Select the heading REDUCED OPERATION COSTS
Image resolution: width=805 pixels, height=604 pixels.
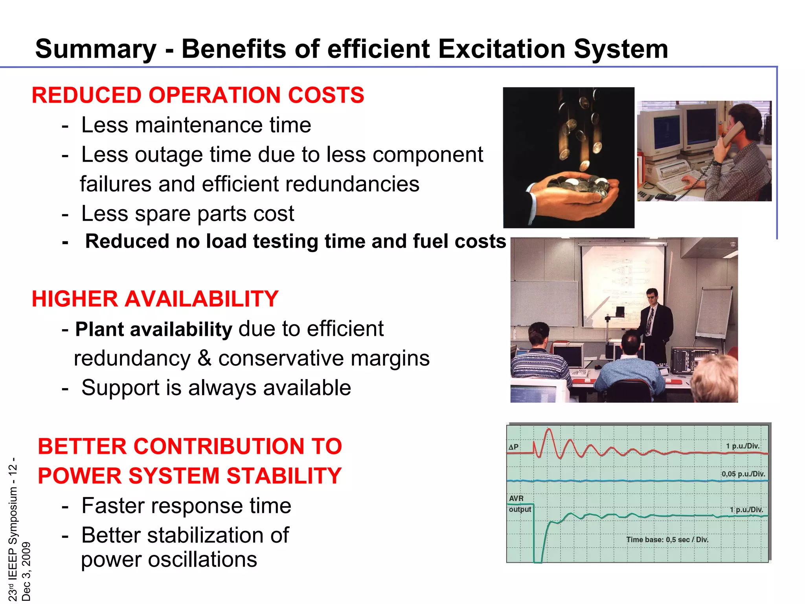tap(198, 95)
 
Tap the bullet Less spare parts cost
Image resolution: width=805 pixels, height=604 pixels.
tap(187, 214)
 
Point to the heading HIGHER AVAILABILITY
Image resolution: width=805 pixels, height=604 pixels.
tap(155, 299)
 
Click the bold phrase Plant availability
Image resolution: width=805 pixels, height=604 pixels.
tap(154, 329)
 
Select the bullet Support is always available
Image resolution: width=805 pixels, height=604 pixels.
tap(216, 388)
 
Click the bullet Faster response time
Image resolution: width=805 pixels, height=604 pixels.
tap(186, 506)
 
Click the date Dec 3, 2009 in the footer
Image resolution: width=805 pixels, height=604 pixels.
tap(26, 571)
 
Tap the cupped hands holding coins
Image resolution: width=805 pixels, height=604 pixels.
tap(574, 193)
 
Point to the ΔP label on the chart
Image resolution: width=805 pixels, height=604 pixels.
tap(513, 447)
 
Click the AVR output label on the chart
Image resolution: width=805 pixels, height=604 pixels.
tap(519, 504)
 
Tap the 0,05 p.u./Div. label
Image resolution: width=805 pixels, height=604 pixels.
tap(743, 474)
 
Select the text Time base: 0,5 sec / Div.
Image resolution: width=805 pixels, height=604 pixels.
tap(667, 540)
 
